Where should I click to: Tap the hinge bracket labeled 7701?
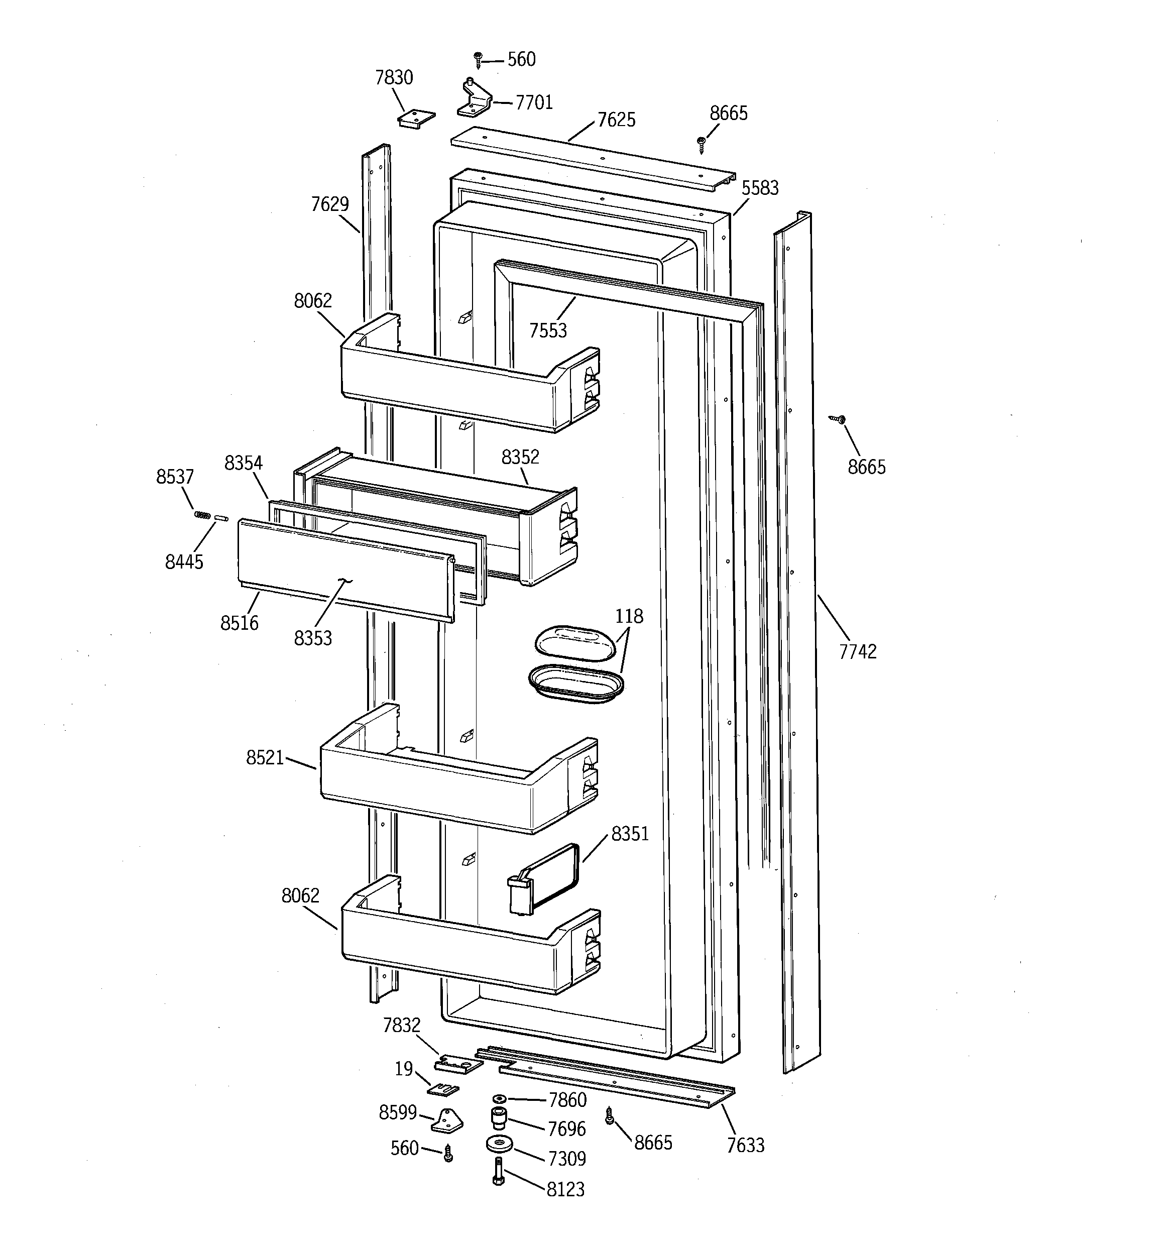(474, 100)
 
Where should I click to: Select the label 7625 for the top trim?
(616, 120)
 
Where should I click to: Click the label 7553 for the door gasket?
(548, 330)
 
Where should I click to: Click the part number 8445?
(184, 561)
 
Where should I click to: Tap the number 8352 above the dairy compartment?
(520, 457)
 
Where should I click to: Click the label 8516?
(239, 623)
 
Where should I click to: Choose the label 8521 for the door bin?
(265, 758)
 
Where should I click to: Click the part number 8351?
(630, 834)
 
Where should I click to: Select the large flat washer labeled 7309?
(499, 1144)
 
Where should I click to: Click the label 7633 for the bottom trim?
(745, 1145)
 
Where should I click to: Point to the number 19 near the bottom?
(403, 1069)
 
